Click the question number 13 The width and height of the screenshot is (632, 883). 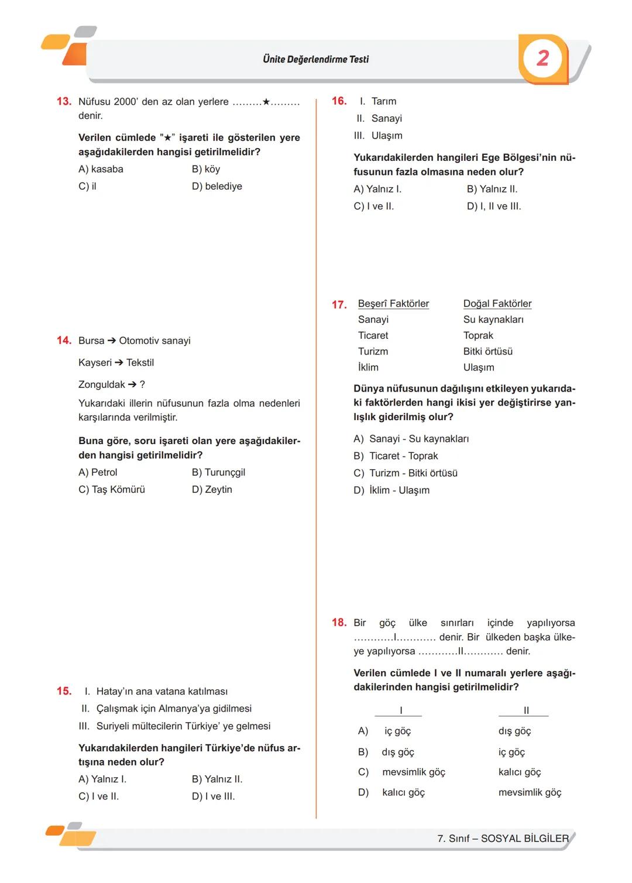point(64,101)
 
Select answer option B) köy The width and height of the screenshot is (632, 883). point(205,169)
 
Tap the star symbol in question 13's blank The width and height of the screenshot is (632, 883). point(266,102)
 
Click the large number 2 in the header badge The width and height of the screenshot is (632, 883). point(543,59)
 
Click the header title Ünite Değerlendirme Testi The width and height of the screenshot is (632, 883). point(316,59)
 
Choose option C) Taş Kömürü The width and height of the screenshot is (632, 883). point(112,489)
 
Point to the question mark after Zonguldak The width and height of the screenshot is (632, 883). point(142,384)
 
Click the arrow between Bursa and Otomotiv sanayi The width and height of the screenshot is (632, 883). point(112,341)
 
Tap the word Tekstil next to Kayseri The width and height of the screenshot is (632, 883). point(140,363)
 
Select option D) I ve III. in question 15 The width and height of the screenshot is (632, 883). point(213,796)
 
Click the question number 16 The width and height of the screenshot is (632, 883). point(339,101)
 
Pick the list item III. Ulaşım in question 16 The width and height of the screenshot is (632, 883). point(379,136)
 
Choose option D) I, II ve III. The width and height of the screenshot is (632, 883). point(494,206)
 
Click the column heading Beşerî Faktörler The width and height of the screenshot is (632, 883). point(393,304)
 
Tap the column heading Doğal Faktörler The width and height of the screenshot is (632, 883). point(497,304)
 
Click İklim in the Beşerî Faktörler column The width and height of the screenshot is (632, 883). point(368,367)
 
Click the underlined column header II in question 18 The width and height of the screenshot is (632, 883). point(525,710)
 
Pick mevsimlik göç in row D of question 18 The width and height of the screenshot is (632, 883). point(530,792)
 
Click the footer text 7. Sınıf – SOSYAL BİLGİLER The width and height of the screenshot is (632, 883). point(503,839)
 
